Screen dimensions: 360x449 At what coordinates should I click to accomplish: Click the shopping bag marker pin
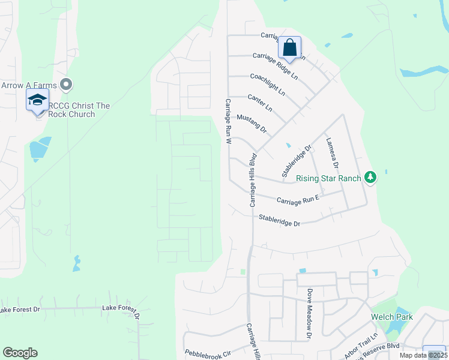click(x=289, y=48)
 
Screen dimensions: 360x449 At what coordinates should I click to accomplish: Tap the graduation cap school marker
click(x=37, y=101)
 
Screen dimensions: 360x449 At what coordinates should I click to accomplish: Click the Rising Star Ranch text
click(x=328, y=178)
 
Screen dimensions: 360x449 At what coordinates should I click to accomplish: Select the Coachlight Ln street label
click(x=268, y=85)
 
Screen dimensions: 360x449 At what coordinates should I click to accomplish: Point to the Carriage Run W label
click(x=228, y=122)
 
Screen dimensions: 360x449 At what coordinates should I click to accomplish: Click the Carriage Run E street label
click(x=297, y=199)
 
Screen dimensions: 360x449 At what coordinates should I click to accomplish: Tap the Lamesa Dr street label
click(x=333, y=152)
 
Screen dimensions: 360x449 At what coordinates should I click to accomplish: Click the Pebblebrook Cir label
click(x=208, y=353)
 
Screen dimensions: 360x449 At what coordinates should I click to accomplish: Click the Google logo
click(x=20, y=353)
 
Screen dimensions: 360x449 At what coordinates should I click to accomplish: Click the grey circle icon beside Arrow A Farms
click(x=67, y=84)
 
